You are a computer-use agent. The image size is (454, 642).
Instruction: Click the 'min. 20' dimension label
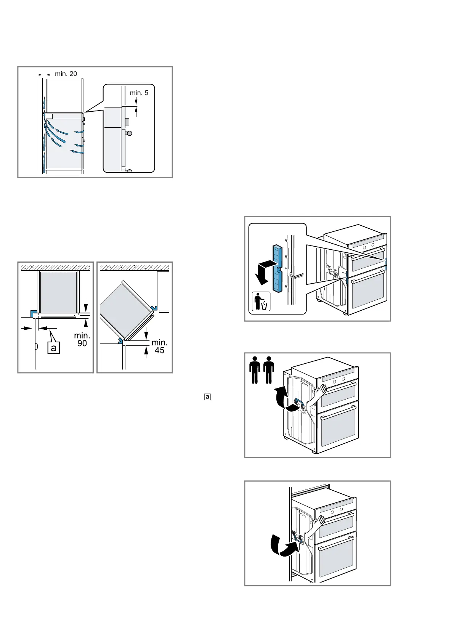click(66, 74)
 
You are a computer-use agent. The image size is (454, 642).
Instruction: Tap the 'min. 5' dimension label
click(139, 93)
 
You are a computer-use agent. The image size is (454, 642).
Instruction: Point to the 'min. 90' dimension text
click(82, 339)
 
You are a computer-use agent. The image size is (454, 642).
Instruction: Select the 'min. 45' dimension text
click(159, 346)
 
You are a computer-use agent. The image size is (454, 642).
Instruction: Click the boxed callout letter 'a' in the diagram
click(54, 348)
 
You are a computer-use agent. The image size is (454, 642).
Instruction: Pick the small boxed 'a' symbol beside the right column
click(207, 397)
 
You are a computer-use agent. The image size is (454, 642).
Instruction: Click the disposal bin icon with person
click(261, 301)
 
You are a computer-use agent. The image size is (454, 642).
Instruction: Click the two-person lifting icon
click(261, 370)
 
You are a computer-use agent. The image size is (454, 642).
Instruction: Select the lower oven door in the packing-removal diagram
click(367, 292)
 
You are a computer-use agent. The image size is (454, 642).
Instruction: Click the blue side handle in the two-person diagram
click(299, 404)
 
